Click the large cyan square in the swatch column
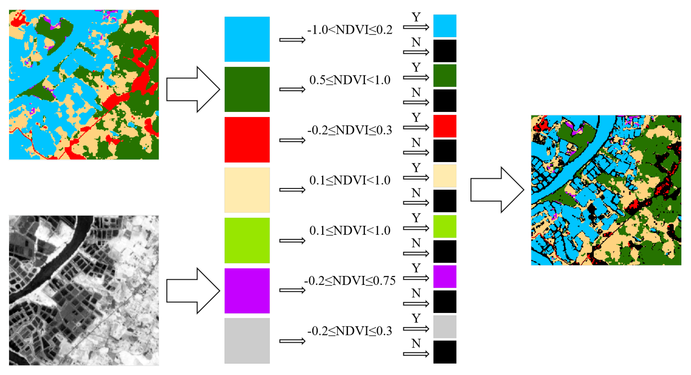point(247,39)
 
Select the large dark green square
point(247,89)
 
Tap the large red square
point(247,140)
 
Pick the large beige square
point(247,190)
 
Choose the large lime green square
point(247,241)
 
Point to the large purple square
point(247,291)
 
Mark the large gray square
point(247,341)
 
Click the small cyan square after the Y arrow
point(445,26)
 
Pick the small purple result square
point(445,277)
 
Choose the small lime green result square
point(445,226)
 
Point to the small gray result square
point(445,327)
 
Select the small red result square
point(445,126)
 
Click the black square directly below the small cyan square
point(445,51)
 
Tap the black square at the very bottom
point(445,352)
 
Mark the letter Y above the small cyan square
point(416,17)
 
